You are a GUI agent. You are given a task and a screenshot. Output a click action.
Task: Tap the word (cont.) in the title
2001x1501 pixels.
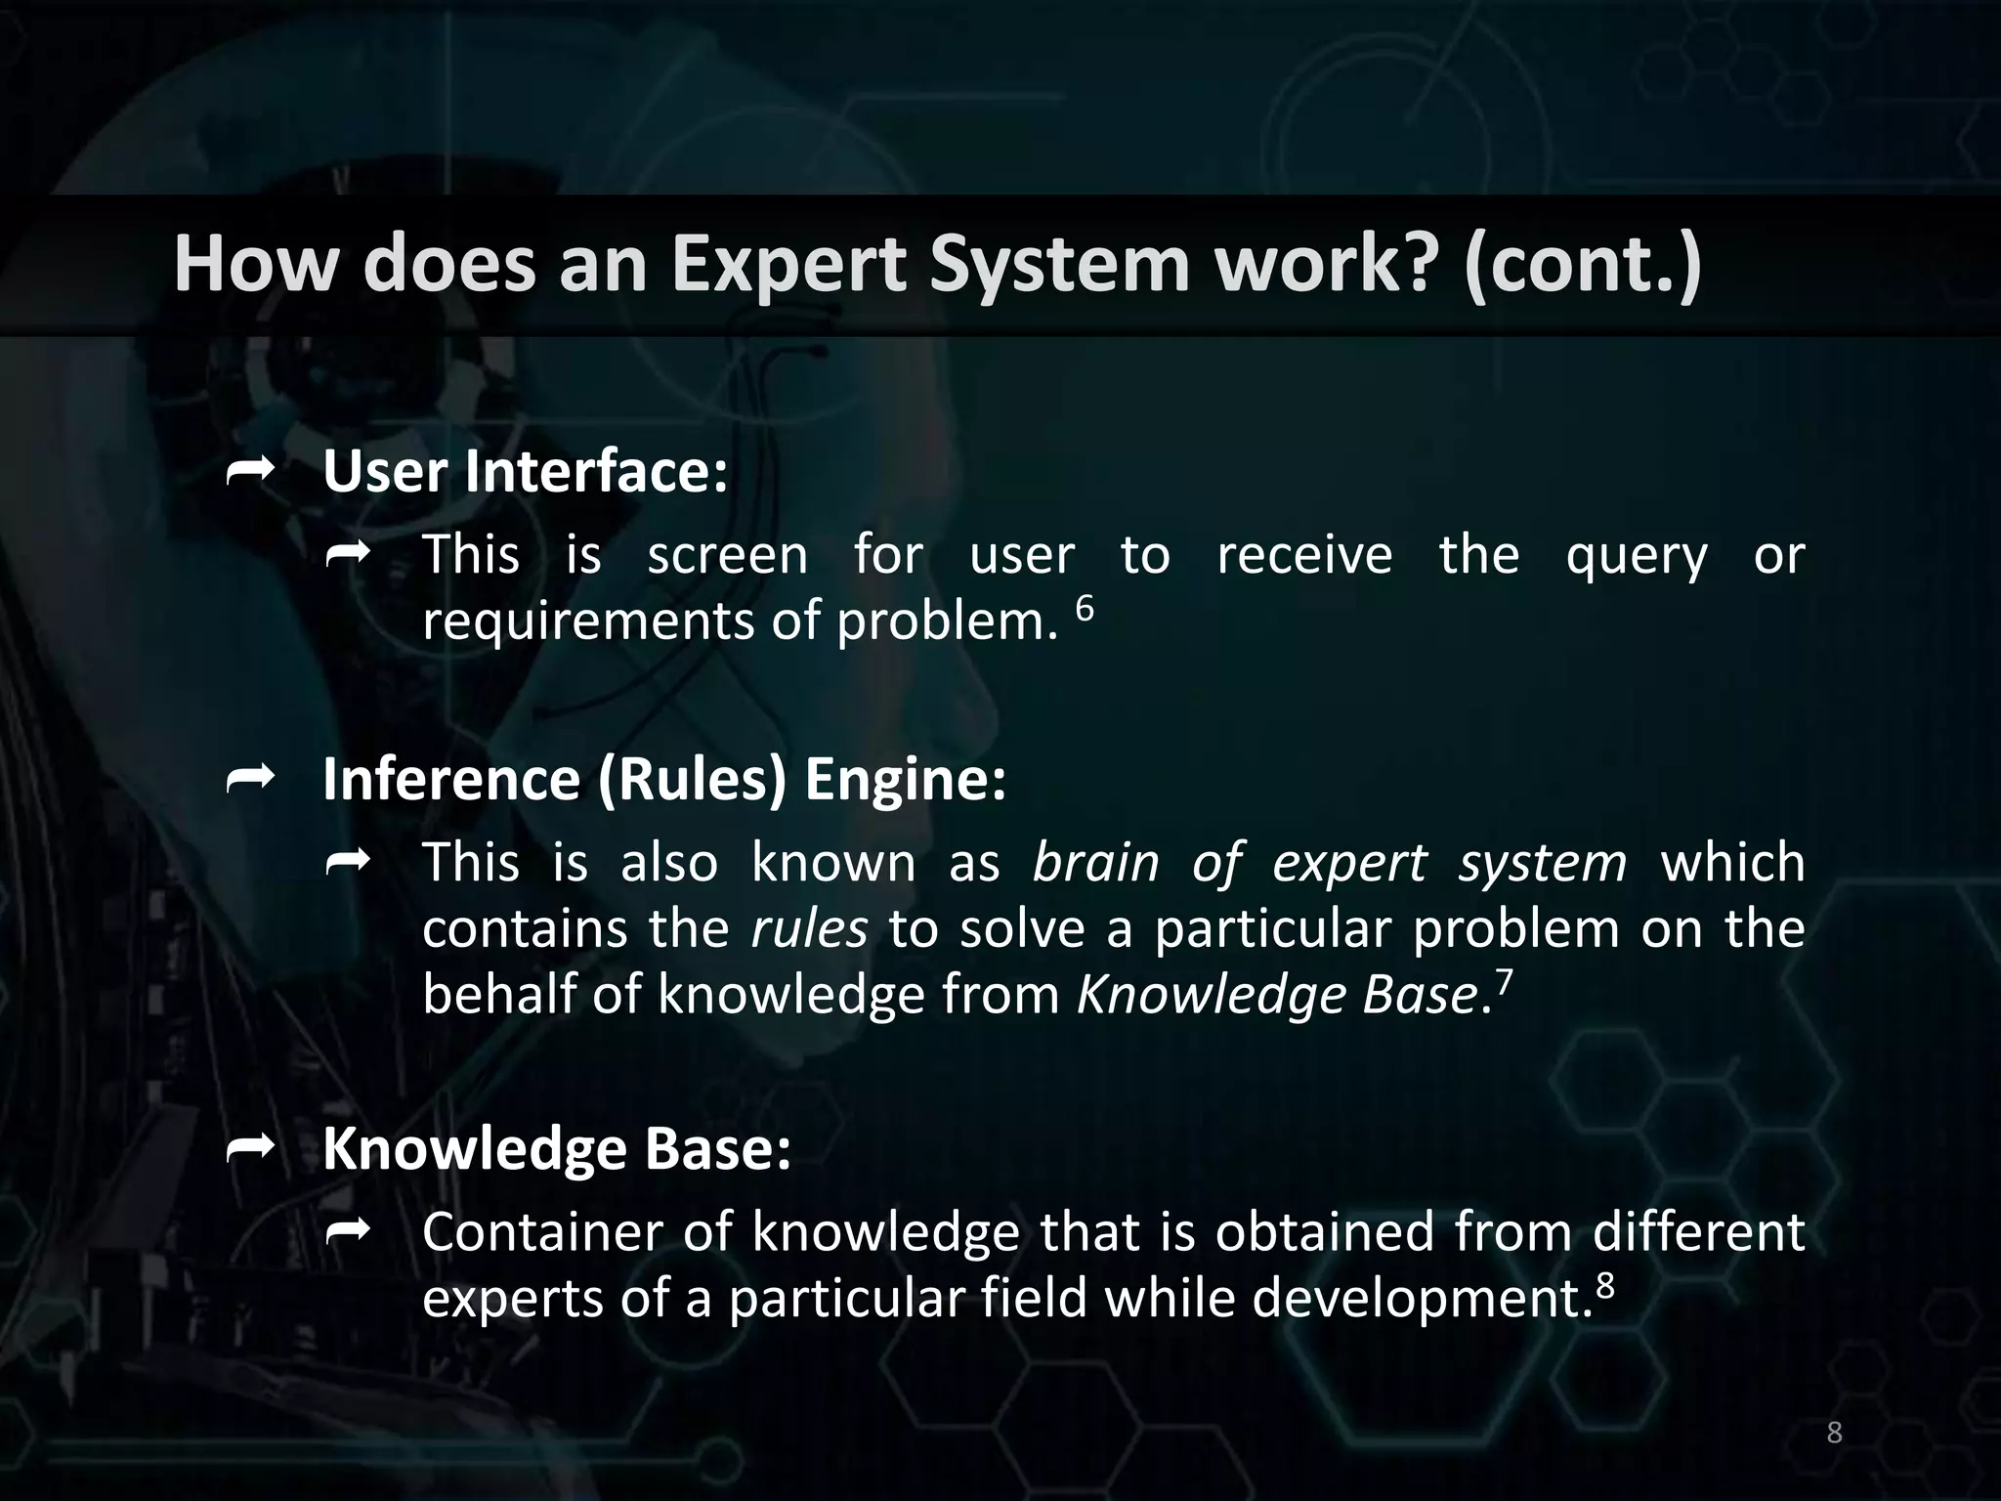click(x=1582, y=265)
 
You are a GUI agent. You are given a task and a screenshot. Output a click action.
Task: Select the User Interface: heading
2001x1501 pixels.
click(x=526, y=472)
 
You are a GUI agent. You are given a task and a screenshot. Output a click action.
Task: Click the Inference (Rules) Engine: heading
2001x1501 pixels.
click(x=664, y=780)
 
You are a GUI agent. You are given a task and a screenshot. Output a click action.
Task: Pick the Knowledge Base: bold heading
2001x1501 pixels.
click(x=557, y=1148)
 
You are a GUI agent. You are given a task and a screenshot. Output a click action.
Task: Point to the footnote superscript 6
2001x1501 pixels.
click(x=1085, y=608)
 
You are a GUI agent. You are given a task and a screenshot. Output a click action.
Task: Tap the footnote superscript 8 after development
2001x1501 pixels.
click(x=1604, y=1285)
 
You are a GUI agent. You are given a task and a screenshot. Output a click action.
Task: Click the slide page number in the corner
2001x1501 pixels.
click(x=1834, y=1433)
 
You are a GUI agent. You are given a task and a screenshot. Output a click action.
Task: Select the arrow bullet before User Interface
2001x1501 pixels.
click(x=249, y=473)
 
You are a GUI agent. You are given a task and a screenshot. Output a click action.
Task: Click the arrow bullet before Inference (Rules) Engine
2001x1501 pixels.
click(x=249, y=779)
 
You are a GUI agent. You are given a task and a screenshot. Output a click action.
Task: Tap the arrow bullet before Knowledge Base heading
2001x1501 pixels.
click(x=249, y=1149)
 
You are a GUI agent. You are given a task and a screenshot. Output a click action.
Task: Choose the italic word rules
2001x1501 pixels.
click(x=809, y=929)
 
